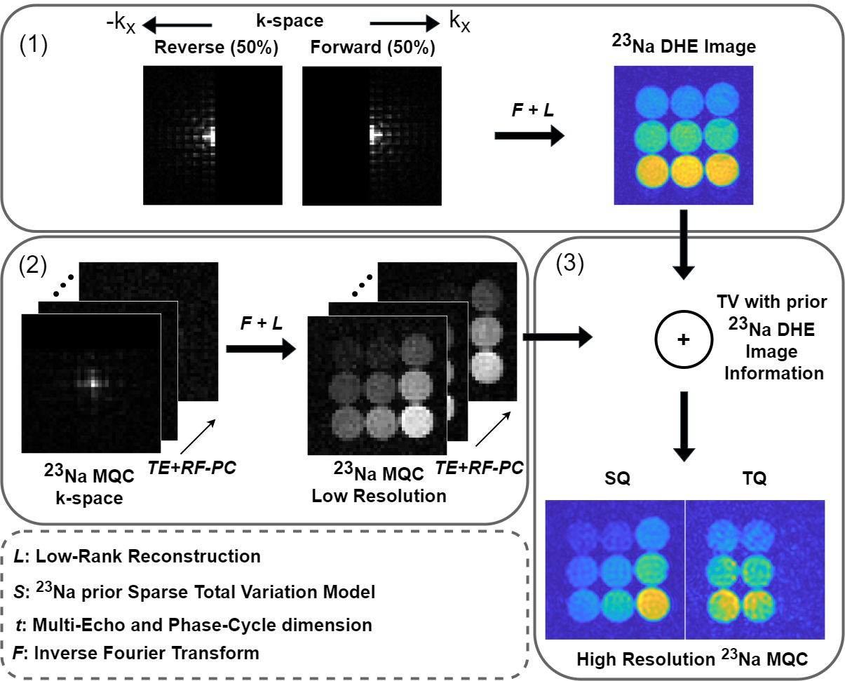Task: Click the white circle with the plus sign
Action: (x=684, y=339)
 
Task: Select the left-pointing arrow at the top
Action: (x=177, y=25)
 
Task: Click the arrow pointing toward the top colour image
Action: (x=529, y=135)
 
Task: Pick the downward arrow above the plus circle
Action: (x=684, y=245)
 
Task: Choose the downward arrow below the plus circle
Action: (x=684, y=426)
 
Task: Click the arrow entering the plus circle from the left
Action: (x=557, y=337)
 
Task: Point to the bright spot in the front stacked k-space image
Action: (x=93, y=383)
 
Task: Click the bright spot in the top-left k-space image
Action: (x=210, y=137)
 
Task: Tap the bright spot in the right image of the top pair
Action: (x=374, y=133)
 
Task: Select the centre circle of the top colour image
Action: (x=687, y=135)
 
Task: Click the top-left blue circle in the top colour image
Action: (x=652, y=101)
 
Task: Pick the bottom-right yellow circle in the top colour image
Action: (x=721, y=170)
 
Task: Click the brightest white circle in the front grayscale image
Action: (x=417, y=421)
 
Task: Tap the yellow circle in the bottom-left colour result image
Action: (x=652, y=603)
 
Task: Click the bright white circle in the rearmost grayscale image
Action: (x=487, y=366)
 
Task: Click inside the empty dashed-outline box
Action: (x=264, y=604)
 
